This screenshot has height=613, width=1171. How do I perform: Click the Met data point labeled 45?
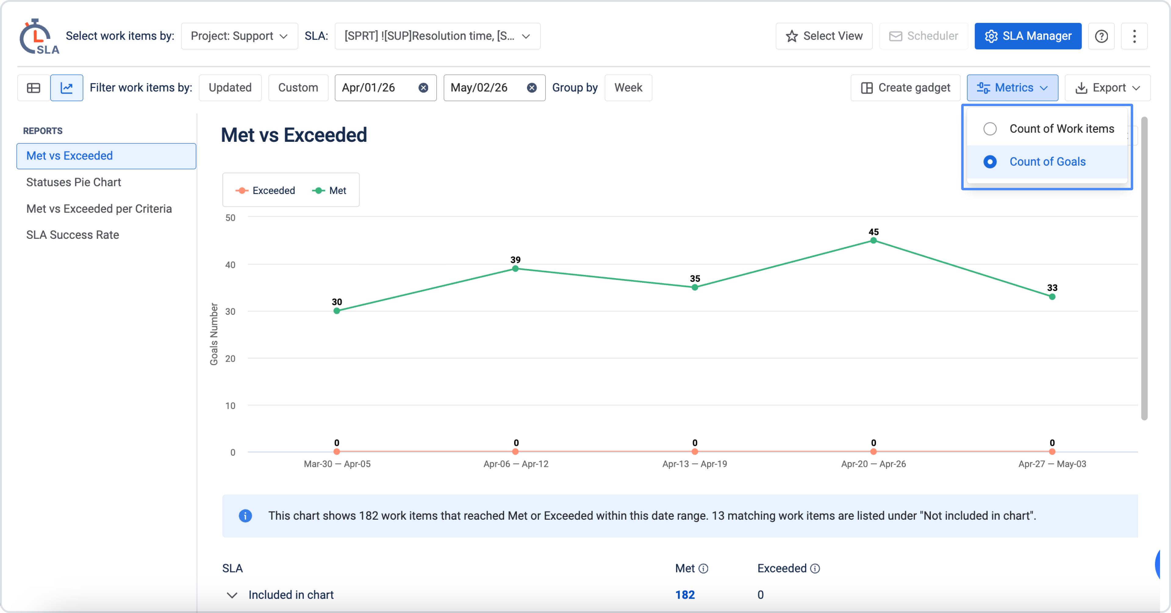[873, 241]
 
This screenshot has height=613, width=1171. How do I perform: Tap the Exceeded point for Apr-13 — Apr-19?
[695, 452]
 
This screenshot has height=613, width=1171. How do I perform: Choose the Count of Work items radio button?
[990, 129]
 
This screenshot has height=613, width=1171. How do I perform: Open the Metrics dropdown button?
[1012, 88]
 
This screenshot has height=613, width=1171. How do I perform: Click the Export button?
[1107, 88]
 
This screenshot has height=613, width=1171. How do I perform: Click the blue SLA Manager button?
[1028, 36]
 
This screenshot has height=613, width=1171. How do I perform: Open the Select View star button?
[824, 36]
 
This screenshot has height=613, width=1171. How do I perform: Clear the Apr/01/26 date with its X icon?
[423, 88]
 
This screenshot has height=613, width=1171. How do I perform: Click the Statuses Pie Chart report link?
[73, 182]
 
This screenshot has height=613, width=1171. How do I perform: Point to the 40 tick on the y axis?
[231, 265]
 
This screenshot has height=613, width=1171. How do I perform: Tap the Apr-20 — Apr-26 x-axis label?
[873, 464]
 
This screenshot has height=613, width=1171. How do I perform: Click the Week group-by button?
[628, 88]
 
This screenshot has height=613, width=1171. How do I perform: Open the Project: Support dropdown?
[239, 36]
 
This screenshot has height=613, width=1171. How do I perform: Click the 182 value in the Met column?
[685, 595]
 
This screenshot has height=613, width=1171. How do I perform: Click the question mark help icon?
[1101, 36]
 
